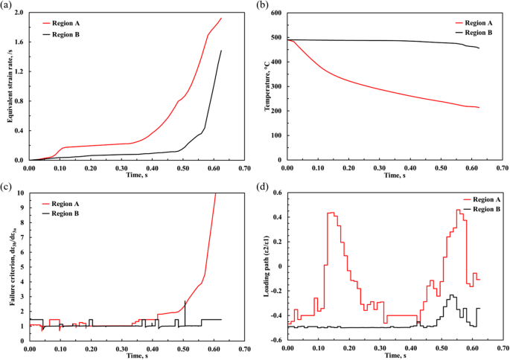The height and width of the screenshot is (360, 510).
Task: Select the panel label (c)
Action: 7,186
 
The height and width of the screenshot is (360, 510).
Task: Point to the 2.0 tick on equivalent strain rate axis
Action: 20,13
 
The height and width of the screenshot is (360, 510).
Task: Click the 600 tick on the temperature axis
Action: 275,13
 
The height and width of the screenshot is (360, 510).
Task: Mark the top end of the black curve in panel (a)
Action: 221,51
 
